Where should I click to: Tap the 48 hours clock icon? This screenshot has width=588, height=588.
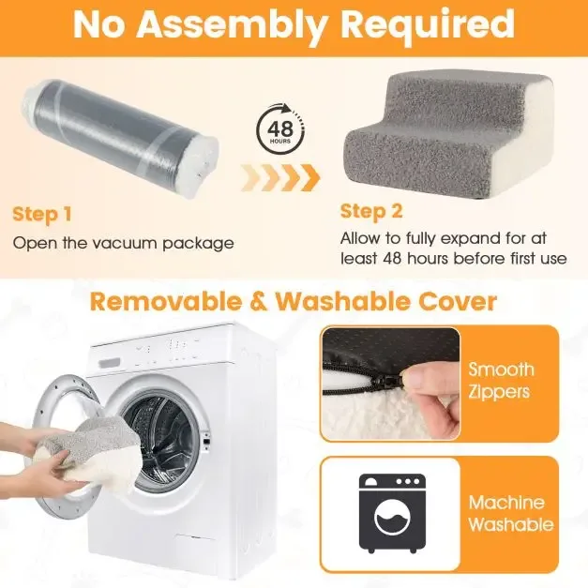280,129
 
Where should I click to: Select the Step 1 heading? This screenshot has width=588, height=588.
41,215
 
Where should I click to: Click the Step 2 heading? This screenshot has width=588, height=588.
371,212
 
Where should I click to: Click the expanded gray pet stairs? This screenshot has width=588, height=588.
449,135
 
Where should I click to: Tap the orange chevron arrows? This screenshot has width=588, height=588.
280,177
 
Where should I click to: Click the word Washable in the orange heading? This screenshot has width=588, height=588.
343,301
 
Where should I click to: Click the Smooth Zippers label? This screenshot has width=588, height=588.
501,381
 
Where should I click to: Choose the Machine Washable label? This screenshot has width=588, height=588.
511,513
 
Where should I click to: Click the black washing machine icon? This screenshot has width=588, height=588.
392,513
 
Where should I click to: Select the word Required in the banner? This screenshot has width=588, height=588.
429,24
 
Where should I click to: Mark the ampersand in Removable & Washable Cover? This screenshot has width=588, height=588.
259,302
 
